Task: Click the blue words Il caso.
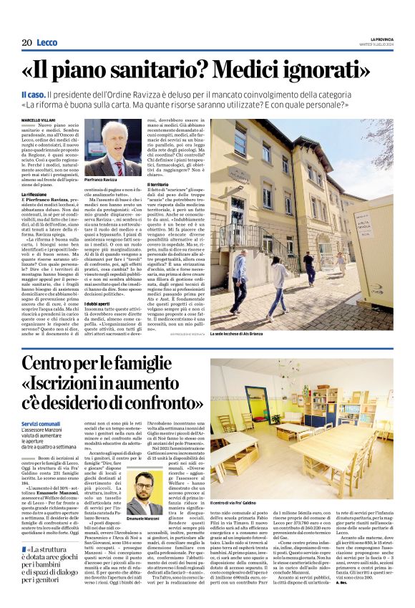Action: click(33, 95)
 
